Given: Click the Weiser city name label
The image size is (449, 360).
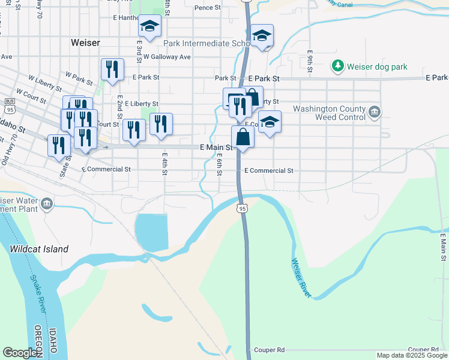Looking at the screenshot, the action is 85,43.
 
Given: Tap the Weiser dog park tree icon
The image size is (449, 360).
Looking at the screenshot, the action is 339,65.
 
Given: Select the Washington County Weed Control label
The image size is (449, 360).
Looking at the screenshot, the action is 329,113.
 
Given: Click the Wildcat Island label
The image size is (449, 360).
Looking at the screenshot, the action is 38,249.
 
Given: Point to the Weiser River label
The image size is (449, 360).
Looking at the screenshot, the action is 301,278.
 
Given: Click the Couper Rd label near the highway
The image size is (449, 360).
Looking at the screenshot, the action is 269,350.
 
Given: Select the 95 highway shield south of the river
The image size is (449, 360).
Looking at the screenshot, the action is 242,208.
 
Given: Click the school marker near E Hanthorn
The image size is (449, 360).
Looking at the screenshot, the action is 149,26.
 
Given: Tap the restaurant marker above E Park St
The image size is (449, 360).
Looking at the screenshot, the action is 112,70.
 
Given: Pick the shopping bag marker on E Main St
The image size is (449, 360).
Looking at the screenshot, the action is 243,137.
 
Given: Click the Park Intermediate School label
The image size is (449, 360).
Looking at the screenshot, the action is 207,43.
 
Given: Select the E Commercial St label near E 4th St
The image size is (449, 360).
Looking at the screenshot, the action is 109,169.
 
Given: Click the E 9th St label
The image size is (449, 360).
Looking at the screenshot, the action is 310,61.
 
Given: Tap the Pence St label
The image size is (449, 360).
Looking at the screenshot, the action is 208,8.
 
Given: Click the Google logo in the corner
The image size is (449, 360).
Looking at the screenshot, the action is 20,353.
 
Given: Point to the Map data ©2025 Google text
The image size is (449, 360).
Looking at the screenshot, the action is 412,355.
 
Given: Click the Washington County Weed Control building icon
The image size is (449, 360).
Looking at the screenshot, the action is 374,112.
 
